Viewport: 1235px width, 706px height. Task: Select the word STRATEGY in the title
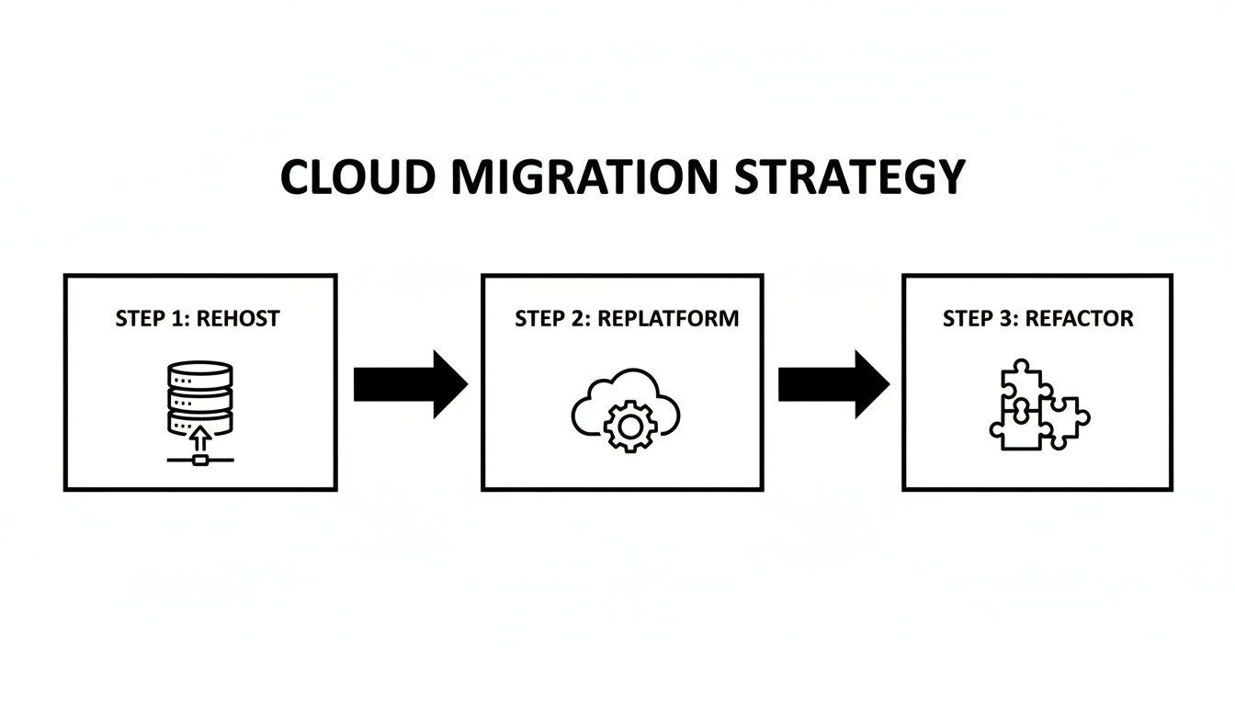(x=850, y=177)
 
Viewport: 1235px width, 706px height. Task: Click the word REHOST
(x=238, y=319)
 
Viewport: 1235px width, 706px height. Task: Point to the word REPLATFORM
(x=668, y=319)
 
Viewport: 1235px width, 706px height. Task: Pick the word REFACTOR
(x=1079, y=319)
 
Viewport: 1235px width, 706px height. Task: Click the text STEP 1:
(x=153, y=319)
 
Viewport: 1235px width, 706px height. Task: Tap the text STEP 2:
(x=553, y=319)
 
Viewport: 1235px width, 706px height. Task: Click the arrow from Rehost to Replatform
(x=410, y=383)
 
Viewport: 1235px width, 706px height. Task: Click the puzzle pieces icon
(x=1038, y=404)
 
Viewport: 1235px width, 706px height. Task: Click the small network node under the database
(x=200, y=459)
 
